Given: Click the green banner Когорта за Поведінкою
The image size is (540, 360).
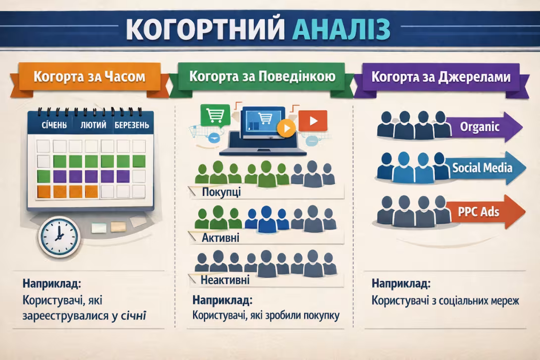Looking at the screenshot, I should coord(262,76).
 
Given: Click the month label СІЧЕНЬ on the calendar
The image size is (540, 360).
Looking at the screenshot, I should coord(54,125).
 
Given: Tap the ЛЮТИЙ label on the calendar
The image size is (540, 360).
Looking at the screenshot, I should coord(93,125).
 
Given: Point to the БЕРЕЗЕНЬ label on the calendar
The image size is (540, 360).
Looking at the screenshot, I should coord(131,125).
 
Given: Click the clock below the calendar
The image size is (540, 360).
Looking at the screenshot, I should coord(59,236).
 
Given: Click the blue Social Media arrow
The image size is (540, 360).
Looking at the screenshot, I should coord(483,168).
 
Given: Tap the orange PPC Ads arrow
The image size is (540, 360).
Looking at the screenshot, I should coord(483,212).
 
